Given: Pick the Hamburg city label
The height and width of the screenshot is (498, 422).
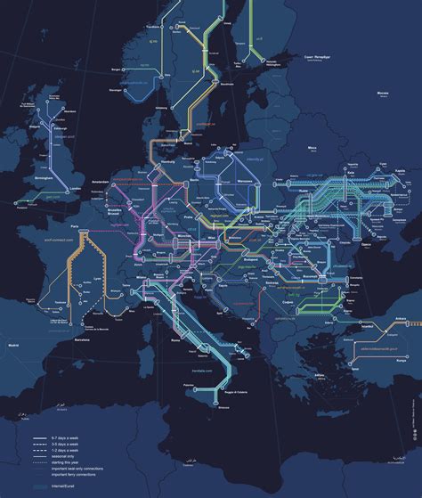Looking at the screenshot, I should pos(166,163).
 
